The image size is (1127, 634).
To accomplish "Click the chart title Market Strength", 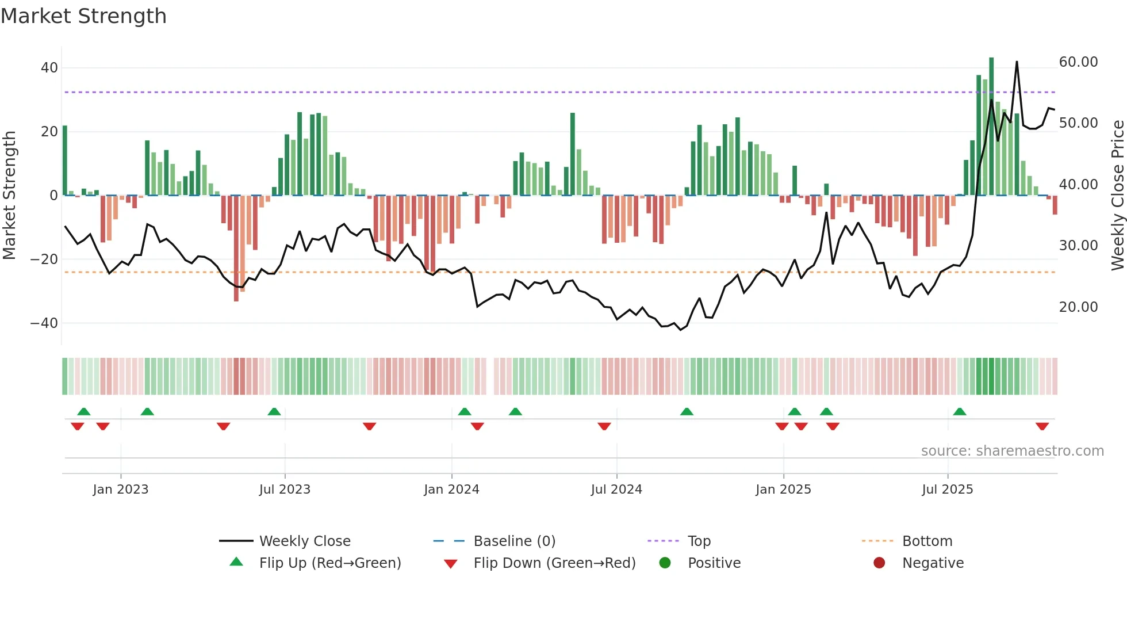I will coord(83,16).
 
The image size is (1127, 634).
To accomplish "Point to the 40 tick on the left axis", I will coord(49,68).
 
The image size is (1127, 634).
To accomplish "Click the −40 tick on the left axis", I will coord(44,323).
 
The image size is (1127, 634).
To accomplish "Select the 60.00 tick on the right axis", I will coord(1078,62).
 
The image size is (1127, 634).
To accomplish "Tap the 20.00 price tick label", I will coord(1078,307).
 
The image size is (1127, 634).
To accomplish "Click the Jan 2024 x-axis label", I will coord(451,490).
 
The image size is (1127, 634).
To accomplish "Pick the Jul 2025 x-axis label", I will coord(947,490).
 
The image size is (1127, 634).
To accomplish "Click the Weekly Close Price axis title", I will coord(1117,196).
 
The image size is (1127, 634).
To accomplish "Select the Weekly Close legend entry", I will coord(304,541).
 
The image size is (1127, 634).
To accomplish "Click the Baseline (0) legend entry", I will coord(514,541).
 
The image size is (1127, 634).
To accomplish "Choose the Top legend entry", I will coord(699,541).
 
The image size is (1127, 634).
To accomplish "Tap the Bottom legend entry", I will coord(927,541).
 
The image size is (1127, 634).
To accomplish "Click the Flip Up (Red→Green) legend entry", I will coord(329,563).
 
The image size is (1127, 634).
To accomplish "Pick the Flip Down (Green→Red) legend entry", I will coord(554,563).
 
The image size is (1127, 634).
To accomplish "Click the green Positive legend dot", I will coord(665,563).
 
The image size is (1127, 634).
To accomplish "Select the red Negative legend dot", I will coord(879,563).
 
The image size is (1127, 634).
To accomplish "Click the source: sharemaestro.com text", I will coord(1012,451).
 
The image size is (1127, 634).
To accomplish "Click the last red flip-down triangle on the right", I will coord(1042,426).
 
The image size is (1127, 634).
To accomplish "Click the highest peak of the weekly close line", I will coord(1017,62).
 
